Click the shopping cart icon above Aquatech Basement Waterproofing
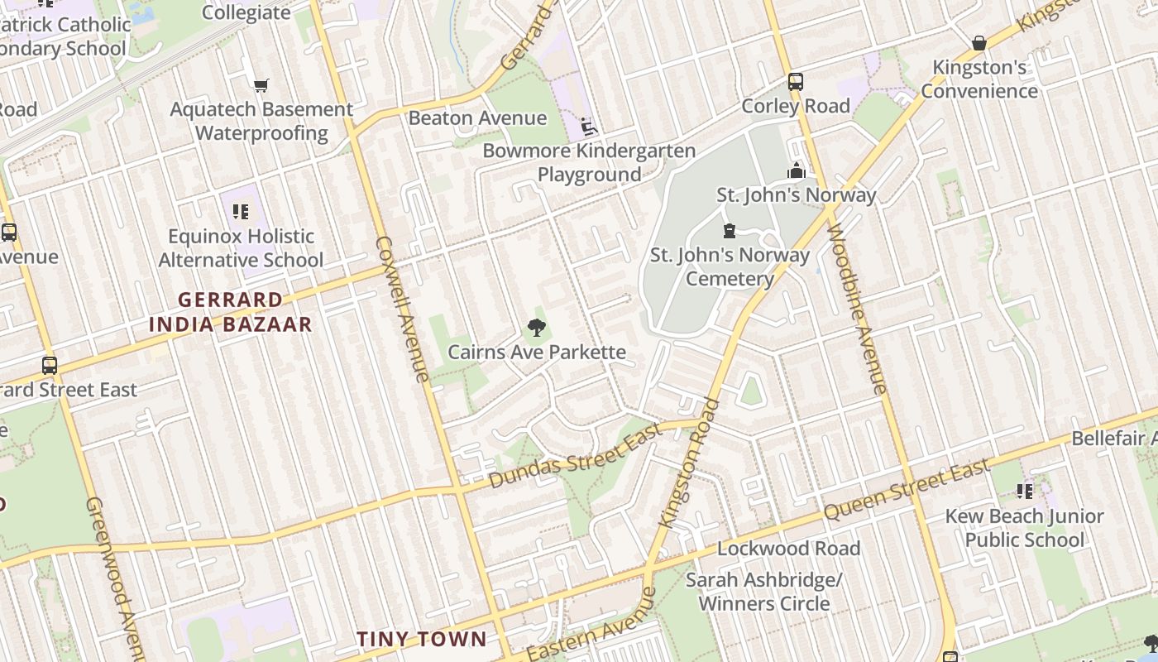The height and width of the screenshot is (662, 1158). coord(261,85)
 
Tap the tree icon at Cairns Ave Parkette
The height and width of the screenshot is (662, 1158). coord(537,328)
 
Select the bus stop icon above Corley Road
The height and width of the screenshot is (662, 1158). coord(796,82)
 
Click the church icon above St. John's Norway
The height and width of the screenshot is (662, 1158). coord(797,170)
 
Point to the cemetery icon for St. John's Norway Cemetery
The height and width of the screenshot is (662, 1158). coord(730,230)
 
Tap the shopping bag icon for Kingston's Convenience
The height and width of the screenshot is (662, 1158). coord(979,43)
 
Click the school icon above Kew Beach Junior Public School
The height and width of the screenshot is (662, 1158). coord(1025,492)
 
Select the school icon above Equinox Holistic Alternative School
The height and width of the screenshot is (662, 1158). coord(241,212)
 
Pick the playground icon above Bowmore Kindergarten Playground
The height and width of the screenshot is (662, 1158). coord(589,127)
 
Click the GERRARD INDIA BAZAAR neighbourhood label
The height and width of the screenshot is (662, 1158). coord(231,312)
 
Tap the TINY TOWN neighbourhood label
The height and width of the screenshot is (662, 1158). coord(422,639)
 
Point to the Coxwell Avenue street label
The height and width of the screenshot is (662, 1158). coord(403,309)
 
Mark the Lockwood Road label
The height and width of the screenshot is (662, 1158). coord(788,549)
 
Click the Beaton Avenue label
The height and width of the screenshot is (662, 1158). coord(477,118)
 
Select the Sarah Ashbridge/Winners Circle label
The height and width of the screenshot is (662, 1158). coord(763,592)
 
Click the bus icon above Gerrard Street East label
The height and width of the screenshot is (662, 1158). coord(50,365)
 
